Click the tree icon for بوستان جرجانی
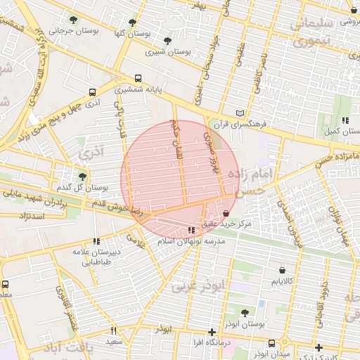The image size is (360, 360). tap(74, 20)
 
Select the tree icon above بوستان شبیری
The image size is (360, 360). tap(167, 41)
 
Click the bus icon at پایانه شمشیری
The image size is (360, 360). tap(138, 79)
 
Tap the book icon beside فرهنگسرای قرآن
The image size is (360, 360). tap(240, 113)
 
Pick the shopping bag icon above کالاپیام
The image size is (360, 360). tap(282, 270)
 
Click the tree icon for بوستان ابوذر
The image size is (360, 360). tap(245, 313)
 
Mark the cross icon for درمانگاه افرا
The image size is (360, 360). tap(212, 332)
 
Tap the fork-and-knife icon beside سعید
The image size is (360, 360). tap(113, 330)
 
